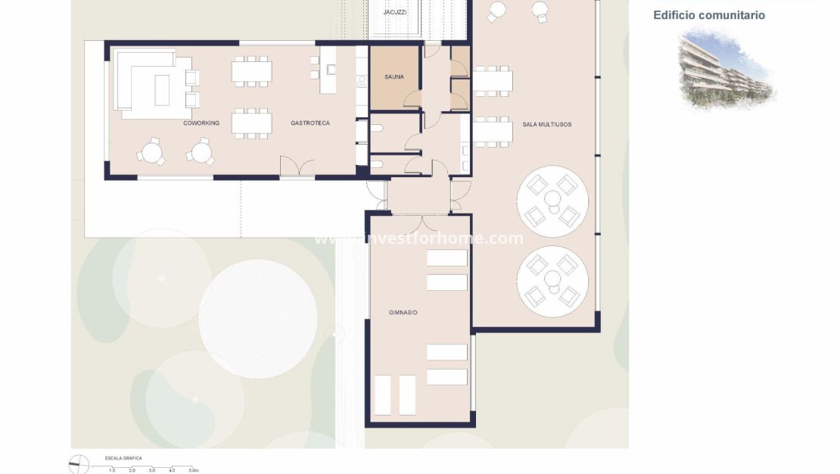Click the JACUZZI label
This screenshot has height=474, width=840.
click(395, 12)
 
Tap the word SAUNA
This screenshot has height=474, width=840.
click(394, 76)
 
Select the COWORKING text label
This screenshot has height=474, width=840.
click(201, 123)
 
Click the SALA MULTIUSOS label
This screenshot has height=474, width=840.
click(546, 123)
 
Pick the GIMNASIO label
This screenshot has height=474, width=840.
click(403, 312)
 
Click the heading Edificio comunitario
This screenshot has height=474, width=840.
click(709, 15)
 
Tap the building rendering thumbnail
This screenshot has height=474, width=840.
click(725, 69)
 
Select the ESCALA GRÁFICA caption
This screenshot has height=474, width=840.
click(123, 458)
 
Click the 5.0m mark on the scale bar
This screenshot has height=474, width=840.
click(194, 470)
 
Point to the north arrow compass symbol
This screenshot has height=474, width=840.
click(79, 464)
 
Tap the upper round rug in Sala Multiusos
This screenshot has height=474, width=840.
click(552, 201)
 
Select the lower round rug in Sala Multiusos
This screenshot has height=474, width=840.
click(552, 281)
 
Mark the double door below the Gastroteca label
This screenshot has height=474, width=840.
click(297, 167)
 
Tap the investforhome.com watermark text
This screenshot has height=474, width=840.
click(418, 239)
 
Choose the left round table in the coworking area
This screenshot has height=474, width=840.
click(151, 151)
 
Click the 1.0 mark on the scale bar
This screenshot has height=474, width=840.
click(112, 470)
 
